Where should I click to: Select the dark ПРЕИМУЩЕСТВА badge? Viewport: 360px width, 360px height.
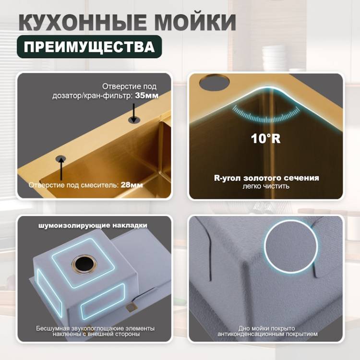89,47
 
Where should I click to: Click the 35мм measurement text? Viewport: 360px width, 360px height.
147,96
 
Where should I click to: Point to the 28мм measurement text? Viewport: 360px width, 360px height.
132,185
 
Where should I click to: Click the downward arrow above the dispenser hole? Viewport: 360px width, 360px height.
133,112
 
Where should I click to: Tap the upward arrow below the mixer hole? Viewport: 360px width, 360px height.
61,169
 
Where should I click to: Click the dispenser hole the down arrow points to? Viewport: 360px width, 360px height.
133,120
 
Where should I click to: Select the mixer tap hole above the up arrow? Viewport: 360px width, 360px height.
61,158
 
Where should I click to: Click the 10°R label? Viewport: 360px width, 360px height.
265,138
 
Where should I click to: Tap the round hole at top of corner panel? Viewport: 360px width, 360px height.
215,82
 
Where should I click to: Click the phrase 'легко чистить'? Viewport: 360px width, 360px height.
266,186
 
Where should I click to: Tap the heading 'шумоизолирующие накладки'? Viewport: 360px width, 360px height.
93,225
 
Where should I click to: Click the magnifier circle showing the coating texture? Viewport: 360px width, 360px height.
291,247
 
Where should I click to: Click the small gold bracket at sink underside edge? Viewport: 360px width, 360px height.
132,307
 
